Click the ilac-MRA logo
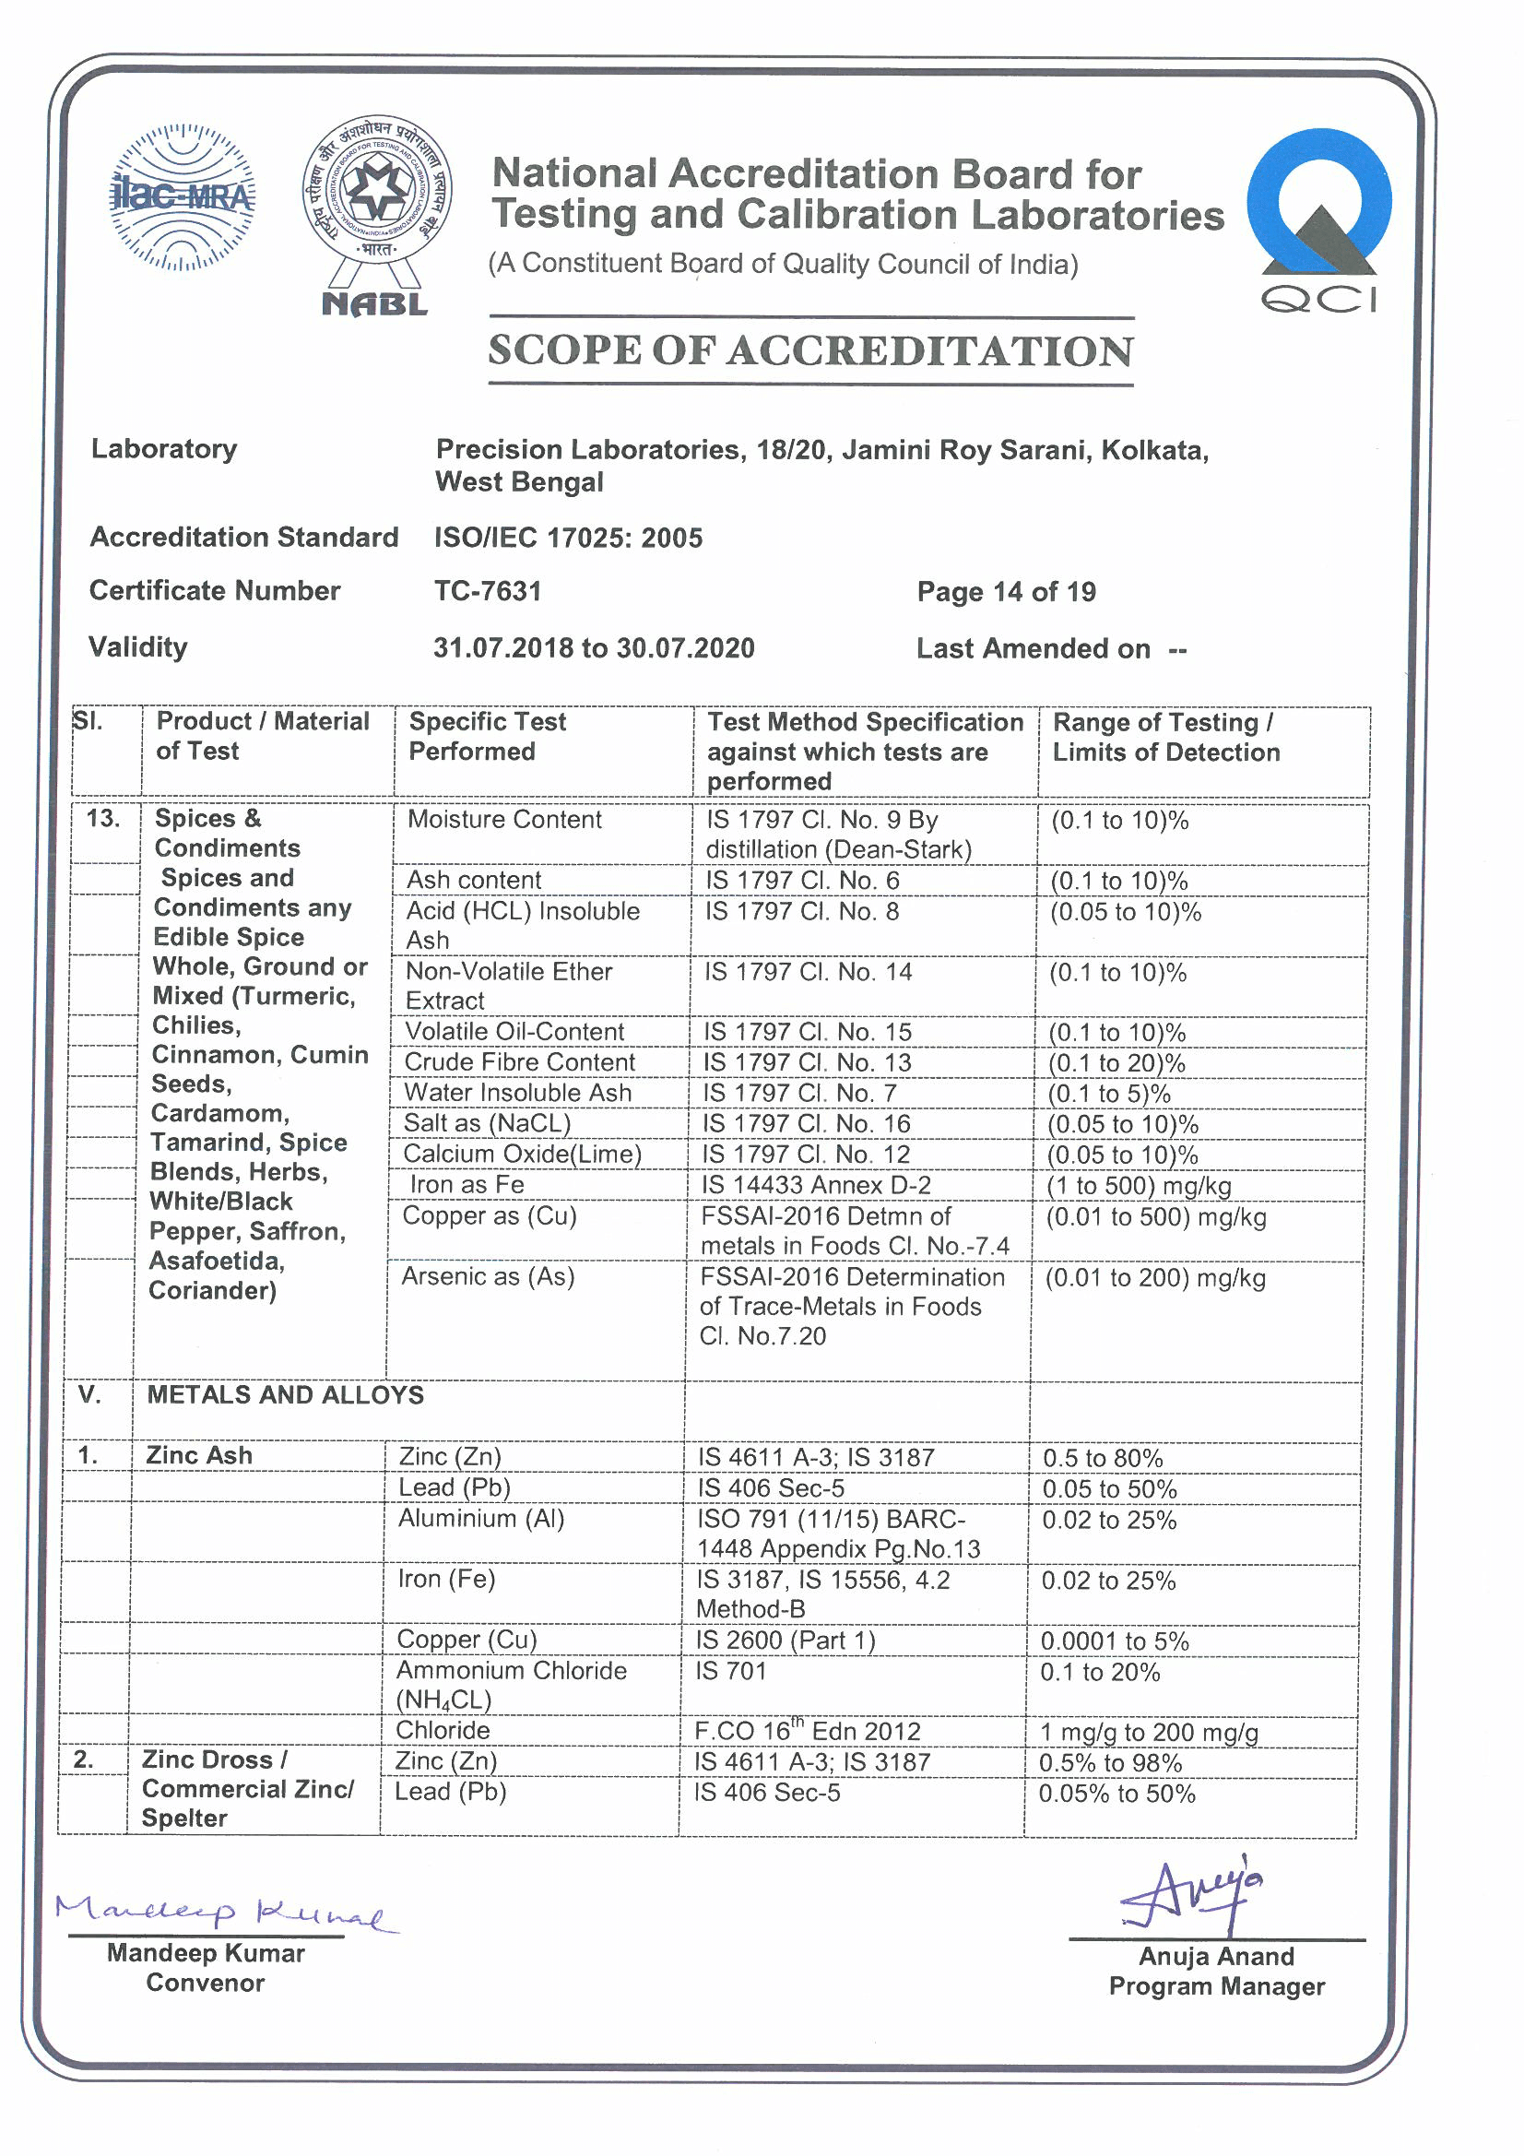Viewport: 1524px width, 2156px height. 183,197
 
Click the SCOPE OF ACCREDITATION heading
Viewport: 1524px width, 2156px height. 810,351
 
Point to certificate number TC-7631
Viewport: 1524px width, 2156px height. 488,591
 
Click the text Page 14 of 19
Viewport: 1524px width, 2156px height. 1006,592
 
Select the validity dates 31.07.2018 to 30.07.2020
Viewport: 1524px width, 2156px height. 594,648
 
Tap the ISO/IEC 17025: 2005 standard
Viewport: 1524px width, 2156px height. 568,537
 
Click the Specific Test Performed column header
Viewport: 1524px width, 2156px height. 488,736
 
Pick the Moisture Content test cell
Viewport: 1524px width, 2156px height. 504,819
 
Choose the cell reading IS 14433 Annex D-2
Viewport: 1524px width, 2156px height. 816,1185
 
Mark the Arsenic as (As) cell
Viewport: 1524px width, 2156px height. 488,1276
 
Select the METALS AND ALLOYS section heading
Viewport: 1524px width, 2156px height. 286,1394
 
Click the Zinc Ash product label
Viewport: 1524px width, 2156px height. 199,1455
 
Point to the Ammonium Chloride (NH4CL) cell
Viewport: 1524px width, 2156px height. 511,1685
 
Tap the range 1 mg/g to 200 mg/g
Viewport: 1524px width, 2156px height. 1149,1732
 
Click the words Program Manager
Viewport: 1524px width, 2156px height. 1216,1986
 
